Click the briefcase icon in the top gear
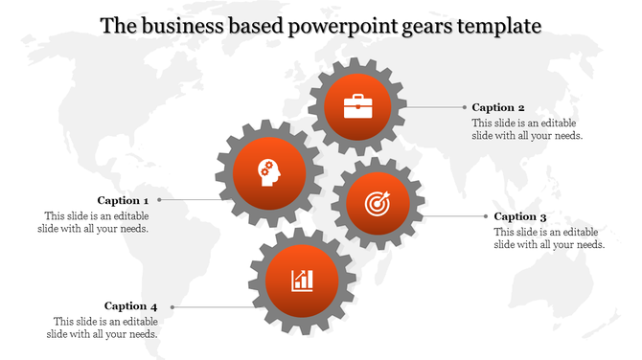point(358,105)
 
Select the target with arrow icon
point(378,203)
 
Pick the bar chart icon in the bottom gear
point(303,281)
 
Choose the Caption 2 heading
point(497,108)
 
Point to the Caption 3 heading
point(520,217)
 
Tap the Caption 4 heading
point(131,306)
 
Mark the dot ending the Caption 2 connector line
point(463,108)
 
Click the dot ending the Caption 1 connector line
point(159,201)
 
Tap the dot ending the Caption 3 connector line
point(485,217)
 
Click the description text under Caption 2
point(527,129)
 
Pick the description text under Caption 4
point(103,327)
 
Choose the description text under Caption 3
point(549,238)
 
